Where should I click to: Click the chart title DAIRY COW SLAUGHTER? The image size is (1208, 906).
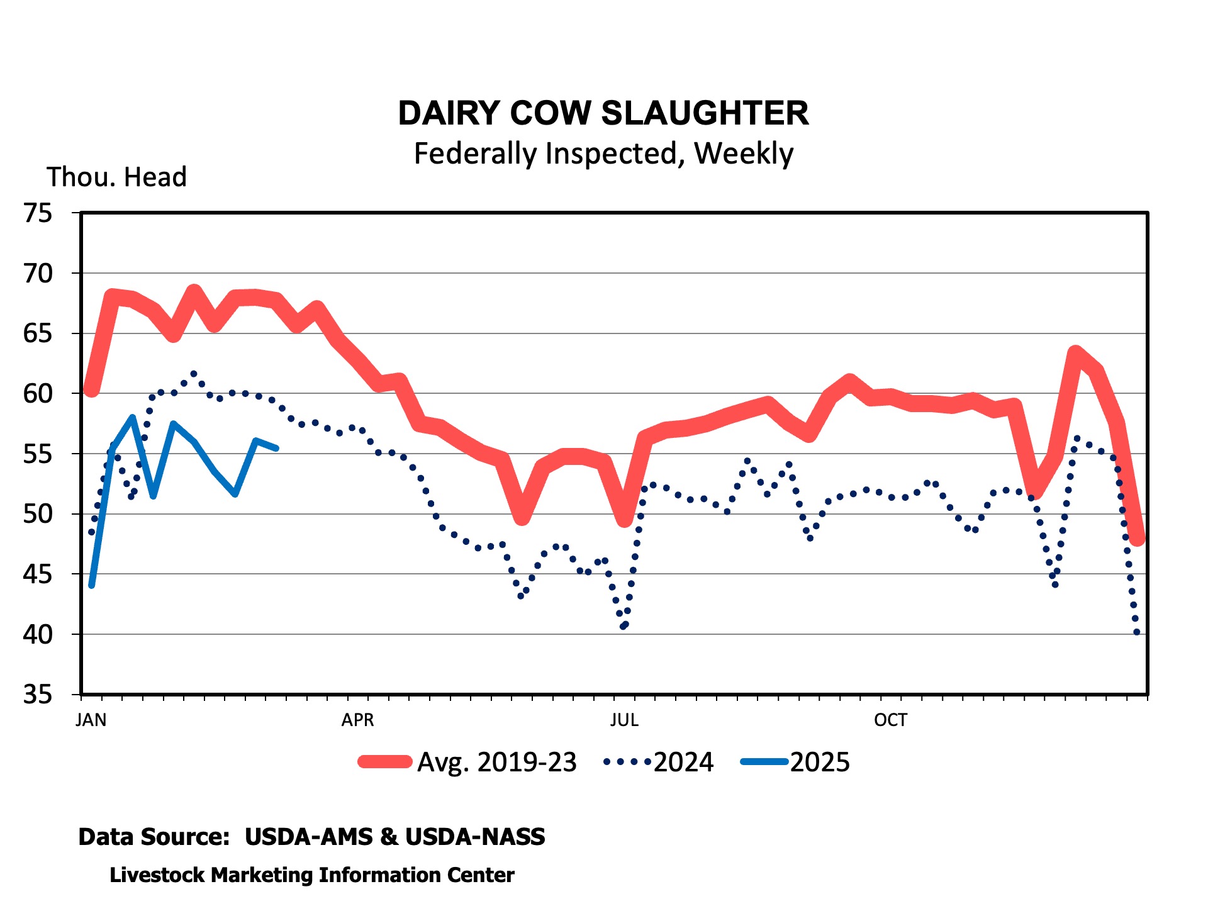tap(603, 113)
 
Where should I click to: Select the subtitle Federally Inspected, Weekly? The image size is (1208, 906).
tap(603, 154)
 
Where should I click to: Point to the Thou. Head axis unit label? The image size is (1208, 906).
tap(117, 177)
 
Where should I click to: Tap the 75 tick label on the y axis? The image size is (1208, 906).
tap(38, 213)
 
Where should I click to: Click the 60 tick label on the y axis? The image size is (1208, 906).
tap(38, 394)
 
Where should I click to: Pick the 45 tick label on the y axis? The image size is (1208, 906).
tap(38, 574)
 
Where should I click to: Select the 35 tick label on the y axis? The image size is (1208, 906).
tap(38, 695)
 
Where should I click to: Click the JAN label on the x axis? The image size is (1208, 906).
tap(91, 720)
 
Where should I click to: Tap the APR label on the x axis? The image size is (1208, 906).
tap(357, 720)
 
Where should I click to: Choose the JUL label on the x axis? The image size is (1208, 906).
tap(624, 720)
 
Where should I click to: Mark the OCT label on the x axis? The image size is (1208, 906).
tap(890, 720)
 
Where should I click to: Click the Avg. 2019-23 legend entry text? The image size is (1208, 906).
tap(497, 763)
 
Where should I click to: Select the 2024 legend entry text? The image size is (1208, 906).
tap(683, 763)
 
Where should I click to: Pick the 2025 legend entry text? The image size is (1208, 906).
tap(820, 763)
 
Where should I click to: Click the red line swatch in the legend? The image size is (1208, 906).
tap(385, 762)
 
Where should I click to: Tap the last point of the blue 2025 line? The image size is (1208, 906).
tap(276, 448)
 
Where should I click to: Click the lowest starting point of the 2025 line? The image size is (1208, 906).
tap(92, 585)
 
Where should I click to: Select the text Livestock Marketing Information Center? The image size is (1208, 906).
tap(312, 875)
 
